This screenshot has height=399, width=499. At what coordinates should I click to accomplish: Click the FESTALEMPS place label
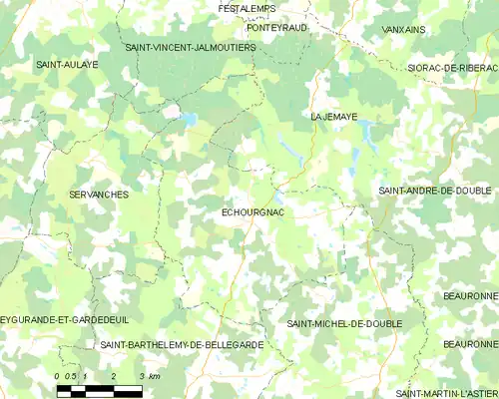coord(247,9)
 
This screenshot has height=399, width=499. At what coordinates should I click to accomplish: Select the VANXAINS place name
coord(403,30)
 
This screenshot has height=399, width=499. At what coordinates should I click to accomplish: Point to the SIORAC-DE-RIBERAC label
coord(452,67)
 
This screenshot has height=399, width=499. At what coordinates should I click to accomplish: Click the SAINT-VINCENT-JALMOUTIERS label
coord(191,47)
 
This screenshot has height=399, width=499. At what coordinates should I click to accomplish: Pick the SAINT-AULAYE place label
coord(67,64)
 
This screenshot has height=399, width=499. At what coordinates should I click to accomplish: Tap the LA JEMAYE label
coord(333,116)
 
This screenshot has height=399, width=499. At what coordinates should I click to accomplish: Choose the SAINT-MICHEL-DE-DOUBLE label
coord(344,324)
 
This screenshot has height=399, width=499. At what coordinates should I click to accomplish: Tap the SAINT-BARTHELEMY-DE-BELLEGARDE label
coord(183,344)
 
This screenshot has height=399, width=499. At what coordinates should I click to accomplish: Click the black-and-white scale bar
coord(99,390)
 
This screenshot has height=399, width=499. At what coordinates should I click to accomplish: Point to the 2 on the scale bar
coord(114,376)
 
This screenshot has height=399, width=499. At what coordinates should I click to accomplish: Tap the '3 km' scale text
coord(150,376)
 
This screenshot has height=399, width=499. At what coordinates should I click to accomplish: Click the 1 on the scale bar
coord(86,376)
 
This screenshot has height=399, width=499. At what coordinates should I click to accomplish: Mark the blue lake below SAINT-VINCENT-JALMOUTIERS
coord(187,120)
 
